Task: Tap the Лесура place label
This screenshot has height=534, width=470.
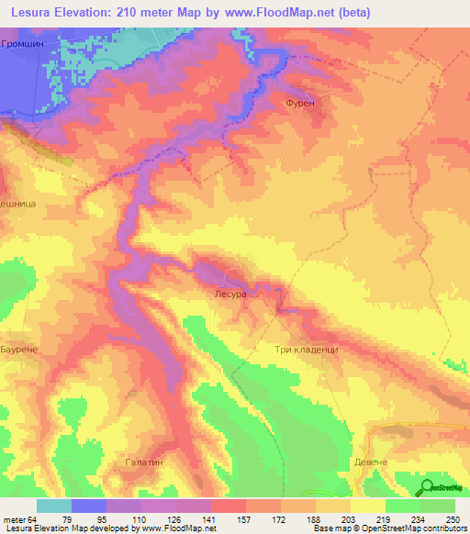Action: (x=230, y=295)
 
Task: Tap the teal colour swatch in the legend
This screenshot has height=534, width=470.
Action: (x=54, y=506)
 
